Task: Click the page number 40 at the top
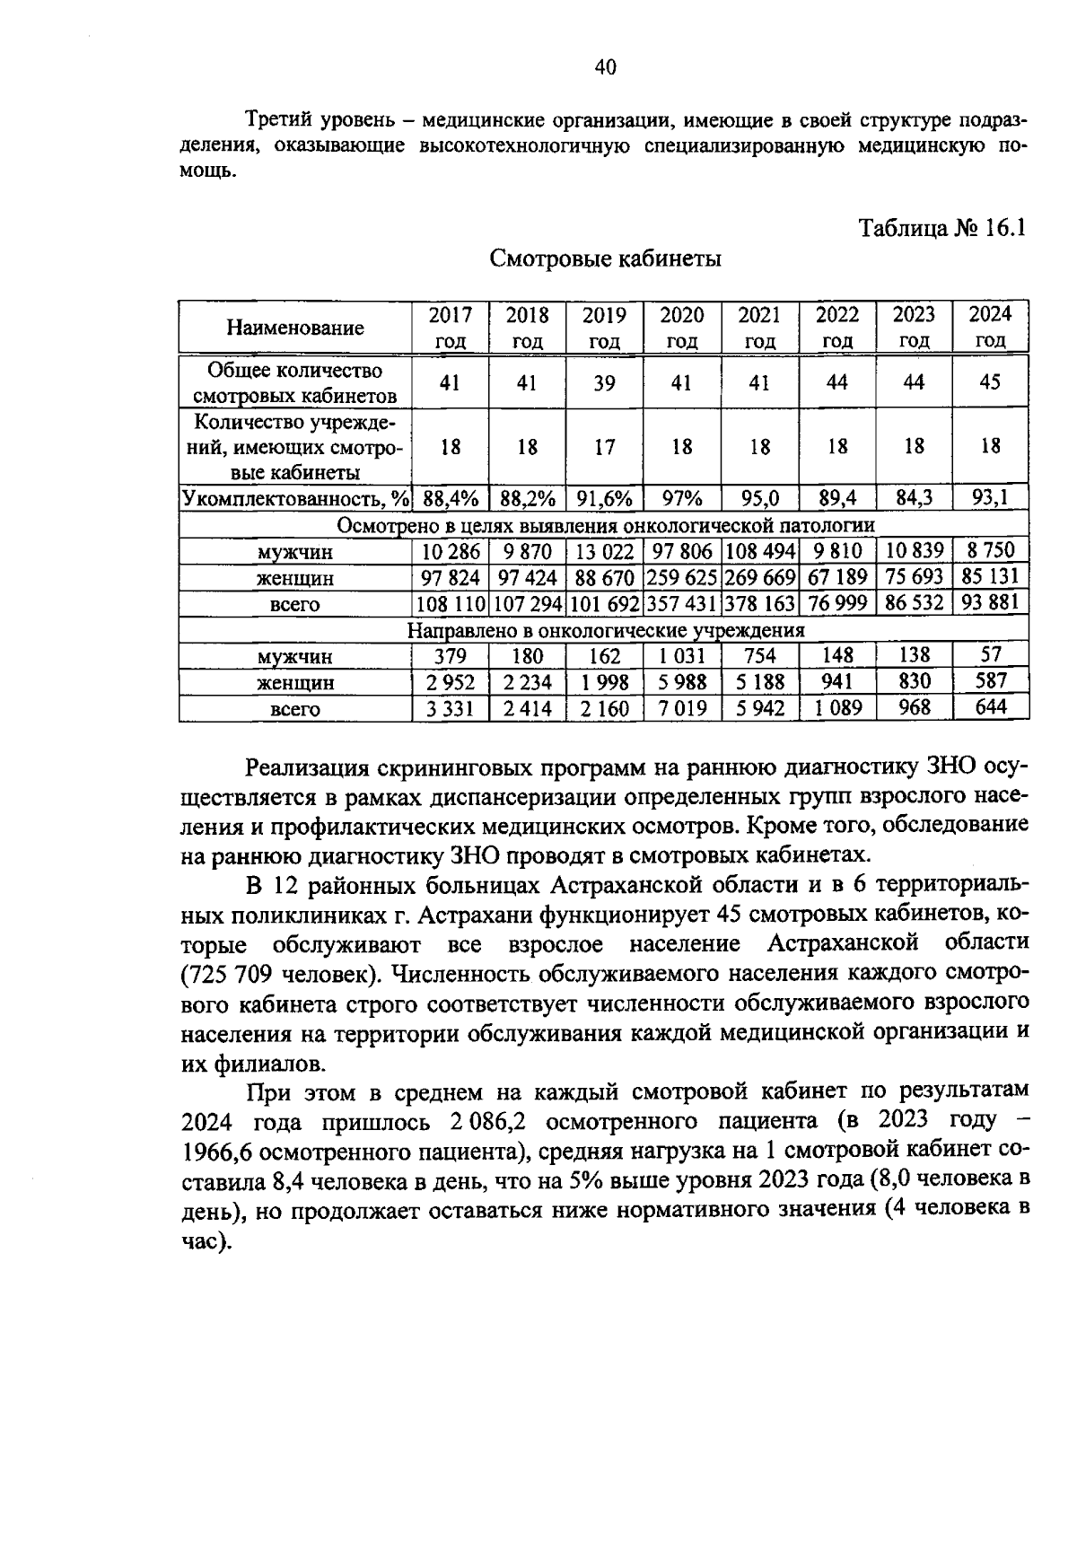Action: click(605, 67)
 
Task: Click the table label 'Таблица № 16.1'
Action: click(941, 227)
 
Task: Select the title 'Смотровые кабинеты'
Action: click(606, 259)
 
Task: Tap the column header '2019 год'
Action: click(604, 328)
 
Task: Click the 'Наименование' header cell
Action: click(295, 328)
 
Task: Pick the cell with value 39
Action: click(604, 383)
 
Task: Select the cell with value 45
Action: click(990, 382)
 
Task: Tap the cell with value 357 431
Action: click(682, 602)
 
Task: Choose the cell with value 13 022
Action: click(604, 551)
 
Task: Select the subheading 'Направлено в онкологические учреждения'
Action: click(606, 629)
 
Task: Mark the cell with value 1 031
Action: click(682, 655)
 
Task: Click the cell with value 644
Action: click(991, 707)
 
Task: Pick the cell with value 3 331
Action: click(450, 708)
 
